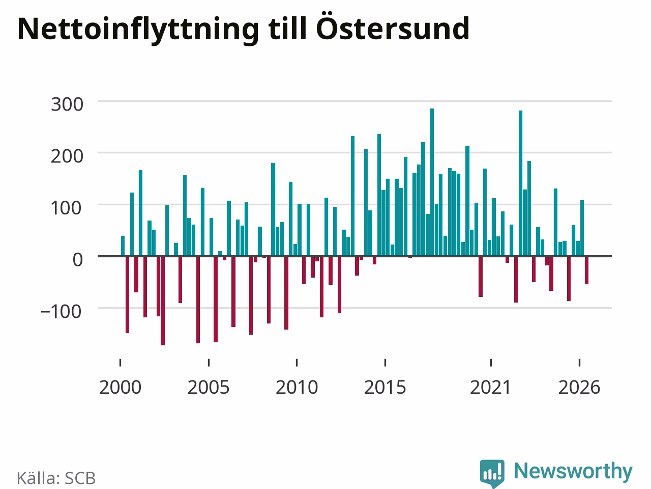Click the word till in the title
coord(287,28)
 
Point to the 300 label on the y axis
coord(67,104)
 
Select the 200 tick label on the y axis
coord(67,156)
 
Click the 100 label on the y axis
coord(66,208)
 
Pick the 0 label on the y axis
coord(78,260)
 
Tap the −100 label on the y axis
coord(61,312)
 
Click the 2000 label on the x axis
coord(120,388)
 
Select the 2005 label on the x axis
coord(209,388)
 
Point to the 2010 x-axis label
coord(297,388)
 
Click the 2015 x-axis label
coord(385,388)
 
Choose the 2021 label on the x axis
coord(491,388)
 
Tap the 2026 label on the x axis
coord(579,388)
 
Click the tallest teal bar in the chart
coord(432,182)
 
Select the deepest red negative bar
coord(163,301)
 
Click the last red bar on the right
coord(586,270)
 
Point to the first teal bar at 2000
coord(123,246)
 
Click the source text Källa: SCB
coord(56,478)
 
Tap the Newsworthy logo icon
coord(492,473)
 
